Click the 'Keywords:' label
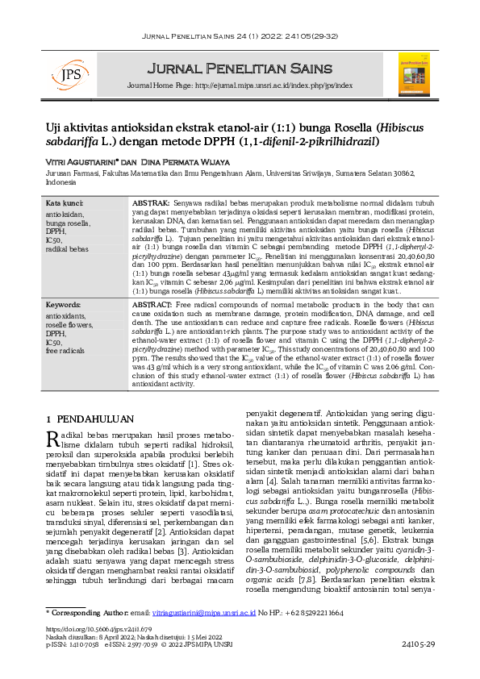click(64, 305)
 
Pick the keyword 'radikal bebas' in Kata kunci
click(68, 248)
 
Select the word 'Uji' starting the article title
click(53, 127)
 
